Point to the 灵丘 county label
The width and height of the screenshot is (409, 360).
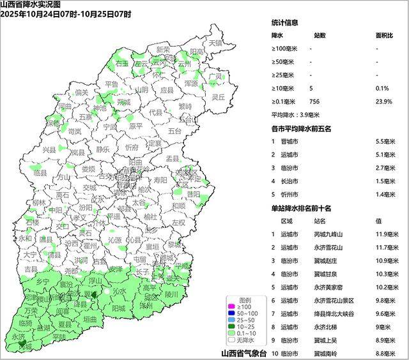[x=218, y=97]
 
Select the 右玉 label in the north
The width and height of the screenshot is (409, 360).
[x=121, y=63]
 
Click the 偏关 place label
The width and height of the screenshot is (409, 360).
[x=81, y=93]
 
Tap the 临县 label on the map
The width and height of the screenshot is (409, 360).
[x=40, y=173]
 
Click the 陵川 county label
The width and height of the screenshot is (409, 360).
[x=171, y=295]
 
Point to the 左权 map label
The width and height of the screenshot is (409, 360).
[x=178, y=221]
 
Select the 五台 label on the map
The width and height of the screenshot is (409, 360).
[x=175, y=131]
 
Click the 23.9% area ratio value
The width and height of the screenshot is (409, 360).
[x=382, y=101]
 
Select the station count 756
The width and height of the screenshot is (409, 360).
[x=314, y=101]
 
